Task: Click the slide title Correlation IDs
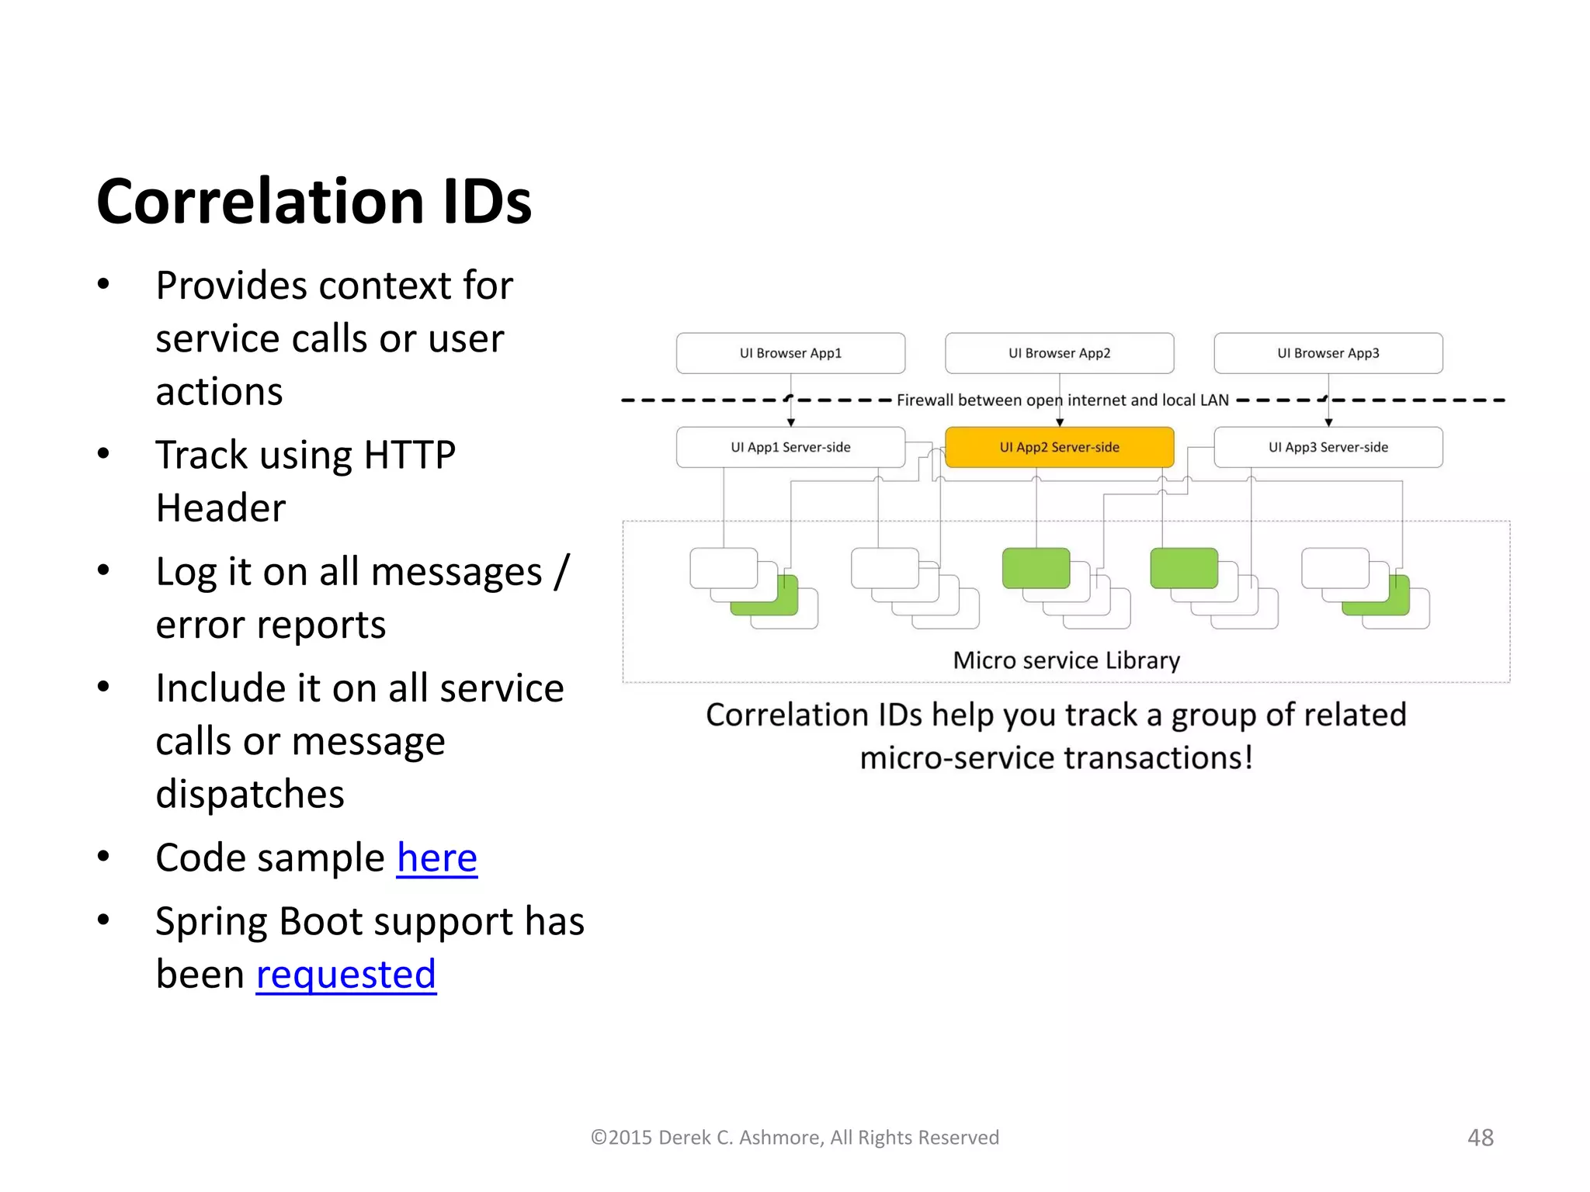tap(314, 202)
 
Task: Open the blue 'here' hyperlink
tap(436, 858)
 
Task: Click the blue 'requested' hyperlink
tap(345, 975)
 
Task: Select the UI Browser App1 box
tap(790, 353)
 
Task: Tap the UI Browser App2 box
tap(1059, 353)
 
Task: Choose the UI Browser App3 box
tap(1328, 353)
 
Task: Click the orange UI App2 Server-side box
tap(1059, 447)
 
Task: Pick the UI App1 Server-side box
tap(790, 447)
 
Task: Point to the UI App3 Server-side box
tap(1328, 447)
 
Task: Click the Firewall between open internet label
tap(1062, 400)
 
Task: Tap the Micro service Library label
tap(1066, 660)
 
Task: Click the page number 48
tap(1480, 1138)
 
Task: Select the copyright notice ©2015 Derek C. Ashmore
tap(794, 1138)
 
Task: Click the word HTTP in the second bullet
tap(409, 456)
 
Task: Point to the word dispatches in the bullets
tap(249, 795)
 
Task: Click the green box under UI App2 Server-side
tap(1036, 568)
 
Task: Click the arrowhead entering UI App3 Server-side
tap(1328, 423)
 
